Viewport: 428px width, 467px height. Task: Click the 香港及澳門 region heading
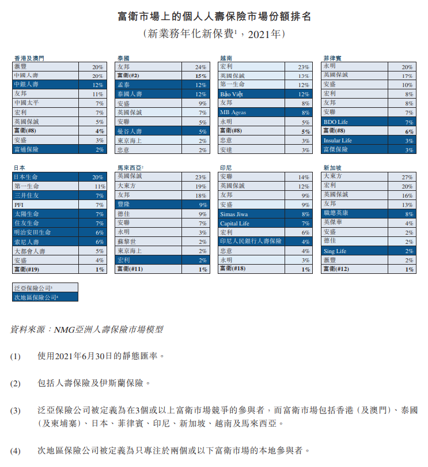click(x=28, y=58)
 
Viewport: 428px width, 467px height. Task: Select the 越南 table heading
click(x=226, y=58)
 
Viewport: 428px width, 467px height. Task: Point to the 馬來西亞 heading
click(x=129, y=167)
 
